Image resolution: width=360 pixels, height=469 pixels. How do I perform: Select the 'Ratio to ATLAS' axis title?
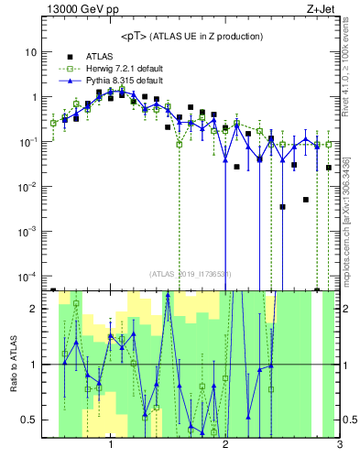pyautogui.click(x=12, y=364)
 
